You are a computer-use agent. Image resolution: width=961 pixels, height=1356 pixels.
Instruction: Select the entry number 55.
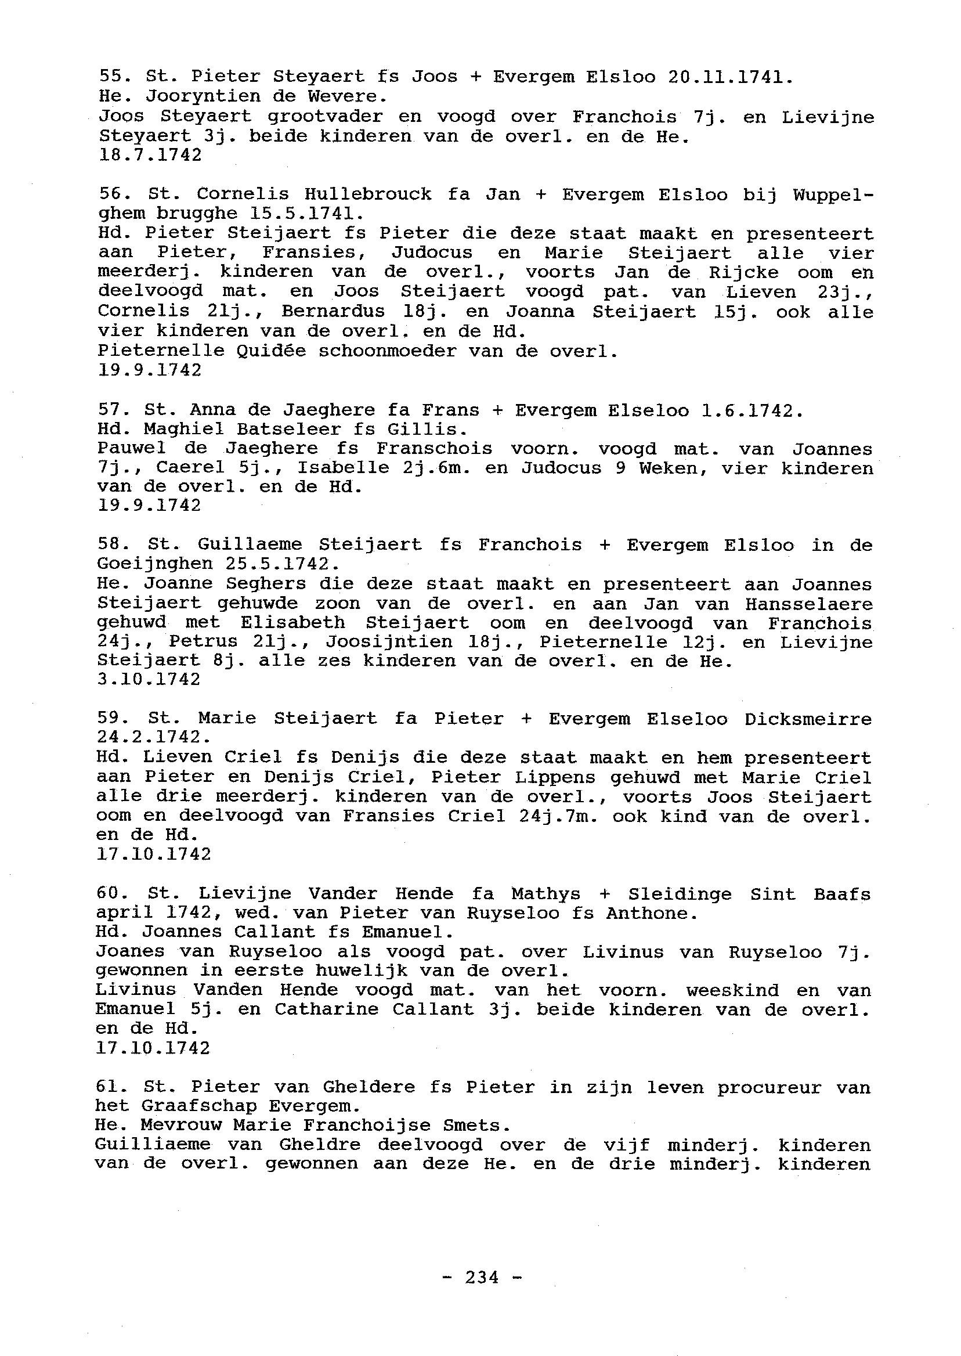pos(111,77)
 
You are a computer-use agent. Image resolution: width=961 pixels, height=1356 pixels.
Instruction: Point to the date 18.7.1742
pos(149,155)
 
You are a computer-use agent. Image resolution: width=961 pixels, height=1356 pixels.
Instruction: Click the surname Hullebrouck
pos(367,194)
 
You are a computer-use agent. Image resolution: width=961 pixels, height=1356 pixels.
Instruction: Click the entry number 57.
pos(111,410)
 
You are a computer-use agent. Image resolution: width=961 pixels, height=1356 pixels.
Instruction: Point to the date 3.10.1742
pos(149,680)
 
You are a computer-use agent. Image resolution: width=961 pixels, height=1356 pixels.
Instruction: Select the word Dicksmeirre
pos(808,719)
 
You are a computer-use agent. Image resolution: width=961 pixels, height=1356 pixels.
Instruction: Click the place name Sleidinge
pos(681,894)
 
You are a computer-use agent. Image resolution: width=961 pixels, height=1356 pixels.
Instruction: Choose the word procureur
pos(769,1087)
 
